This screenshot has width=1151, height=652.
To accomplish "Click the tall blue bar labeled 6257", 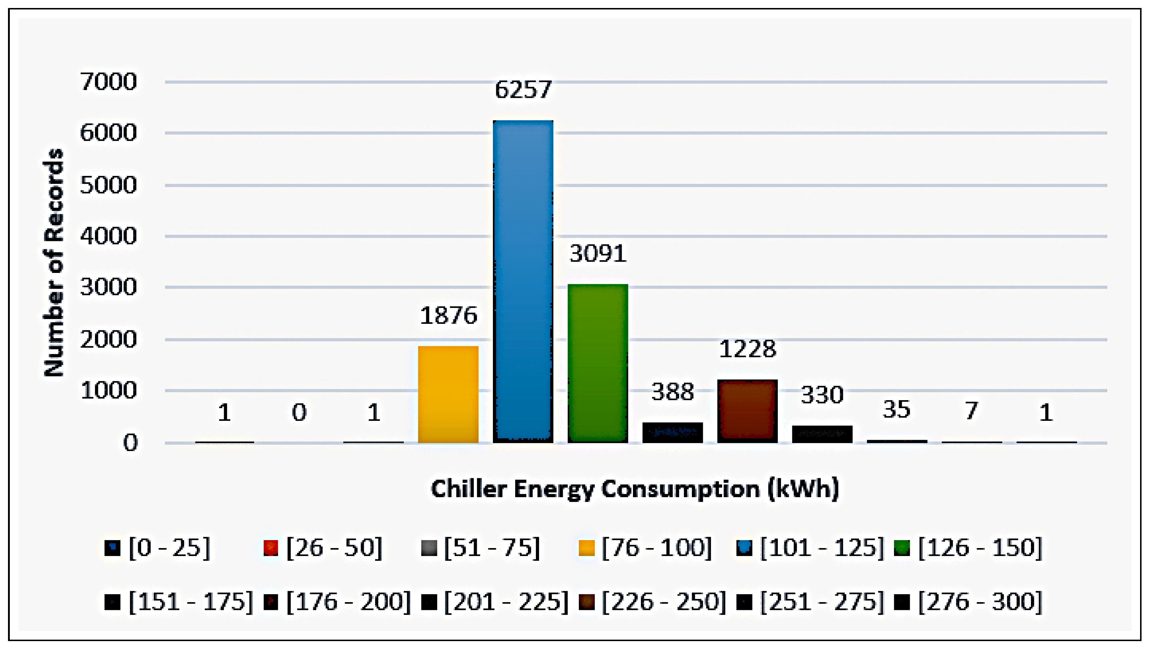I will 523,281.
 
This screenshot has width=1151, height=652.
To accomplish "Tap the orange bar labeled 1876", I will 448,394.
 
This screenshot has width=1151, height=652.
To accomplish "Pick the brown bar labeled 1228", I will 747,411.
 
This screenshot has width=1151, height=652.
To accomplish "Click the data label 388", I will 672,392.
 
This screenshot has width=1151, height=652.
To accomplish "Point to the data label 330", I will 822,395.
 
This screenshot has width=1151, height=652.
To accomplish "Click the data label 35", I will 896,409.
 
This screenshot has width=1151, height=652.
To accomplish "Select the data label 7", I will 971,410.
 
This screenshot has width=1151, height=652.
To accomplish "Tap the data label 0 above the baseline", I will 299,412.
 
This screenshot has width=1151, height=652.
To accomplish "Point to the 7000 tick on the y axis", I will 108,82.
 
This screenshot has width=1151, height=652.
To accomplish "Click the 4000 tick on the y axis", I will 108,236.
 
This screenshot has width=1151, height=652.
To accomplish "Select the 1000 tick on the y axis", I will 108,390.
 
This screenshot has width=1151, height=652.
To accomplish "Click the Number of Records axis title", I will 54,262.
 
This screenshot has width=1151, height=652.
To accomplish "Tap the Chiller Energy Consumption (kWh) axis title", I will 635,489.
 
